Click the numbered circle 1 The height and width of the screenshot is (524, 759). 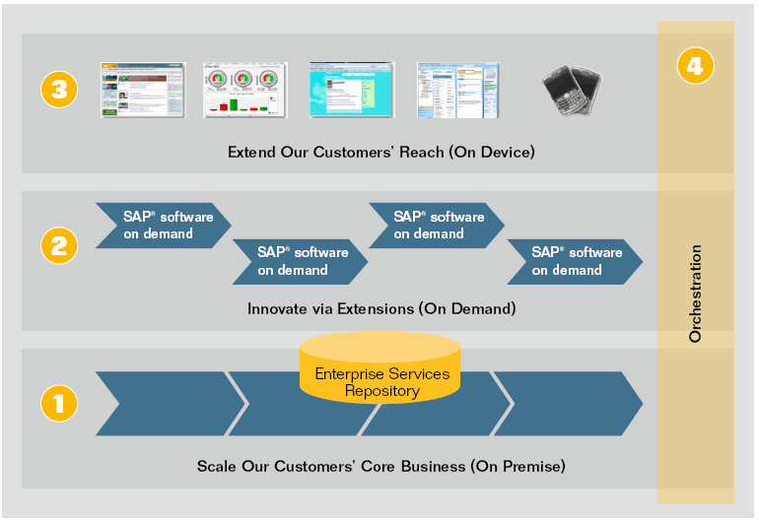pyautogui.click(x=58, y=403)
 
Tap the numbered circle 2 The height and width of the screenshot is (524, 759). pyautogui.click(x=58, y=245)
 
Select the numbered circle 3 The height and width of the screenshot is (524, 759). pyautogui.click(x=58, y=91)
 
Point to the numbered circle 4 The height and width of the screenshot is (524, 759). pyautogui.click(x=695, y=67)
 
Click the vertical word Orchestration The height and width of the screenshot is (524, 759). pyautogui.click(x=696, y=294)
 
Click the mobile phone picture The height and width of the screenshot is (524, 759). pyautogui.click(x=572, y=90)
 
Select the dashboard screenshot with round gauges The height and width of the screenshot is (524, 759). pyautogui.click(x=244, y=91)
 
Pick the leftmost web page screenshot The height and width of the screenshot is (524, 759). pyautogui.click(x=142, y=91)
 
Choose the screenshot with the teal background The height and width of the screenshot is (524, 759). pyautogui.click(x=351, y=91)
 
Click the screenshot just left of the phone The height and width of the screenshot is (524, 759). pyautogui.click(x=456, y=91)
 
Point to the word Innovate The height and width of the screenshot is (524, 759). pyautogui.click(x=277, y=308)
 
